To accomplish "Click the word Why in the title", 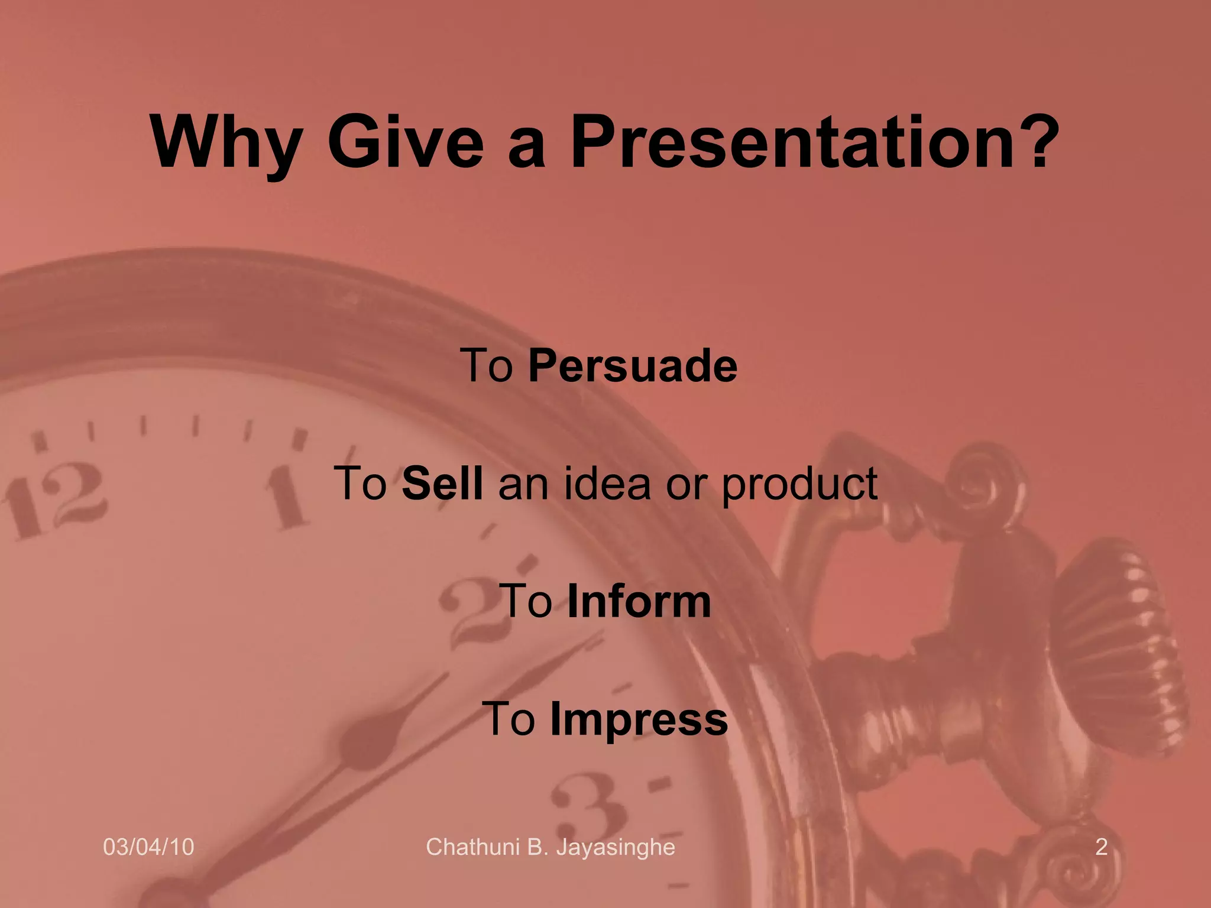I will tap(225, 143).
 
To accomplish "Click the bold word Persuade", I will tap(633, 366).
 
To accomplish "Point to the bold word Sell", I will tap(442, 484).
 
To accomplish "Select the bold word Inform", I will tap(639, 602).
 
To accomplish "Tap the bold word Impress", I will tap(639, 720).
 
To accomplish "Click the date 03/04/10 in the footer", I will tap(148, 847).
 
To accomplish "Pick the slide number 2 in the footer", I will tap(1101, 847).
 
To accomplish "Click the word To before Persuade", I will tap(486, 366).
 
